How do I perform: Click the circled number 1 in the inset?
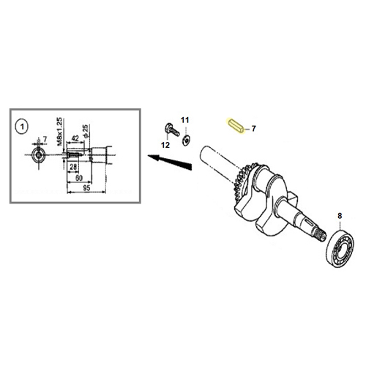click(x=22, y=127)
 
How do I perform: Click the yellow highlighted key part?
click(x=236, y=126)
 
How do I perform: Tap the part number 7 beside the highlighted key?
click(x=254, y=128)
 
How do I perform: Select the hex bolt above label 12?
click(x=172, y=130)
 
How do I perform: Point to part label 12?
click(x=165, y=145)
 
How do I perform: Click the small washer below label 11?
click(x=186, y=141)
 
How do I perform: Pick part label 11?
click(x=184, y=120)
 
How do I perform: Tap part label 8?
click(x=340, y=216)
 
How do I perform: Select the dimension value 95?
click(x=86, y=187)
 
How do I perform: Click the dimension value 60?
click(x=79, y=178)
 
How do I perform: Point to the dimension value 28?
click(x=73, y=167)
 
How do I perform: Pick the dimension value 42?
click(x=75, y=138)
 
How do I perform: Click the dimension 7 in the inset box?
click(x=45, y=139)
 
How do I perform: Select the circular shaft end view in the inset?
click(x=39, y=154)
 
